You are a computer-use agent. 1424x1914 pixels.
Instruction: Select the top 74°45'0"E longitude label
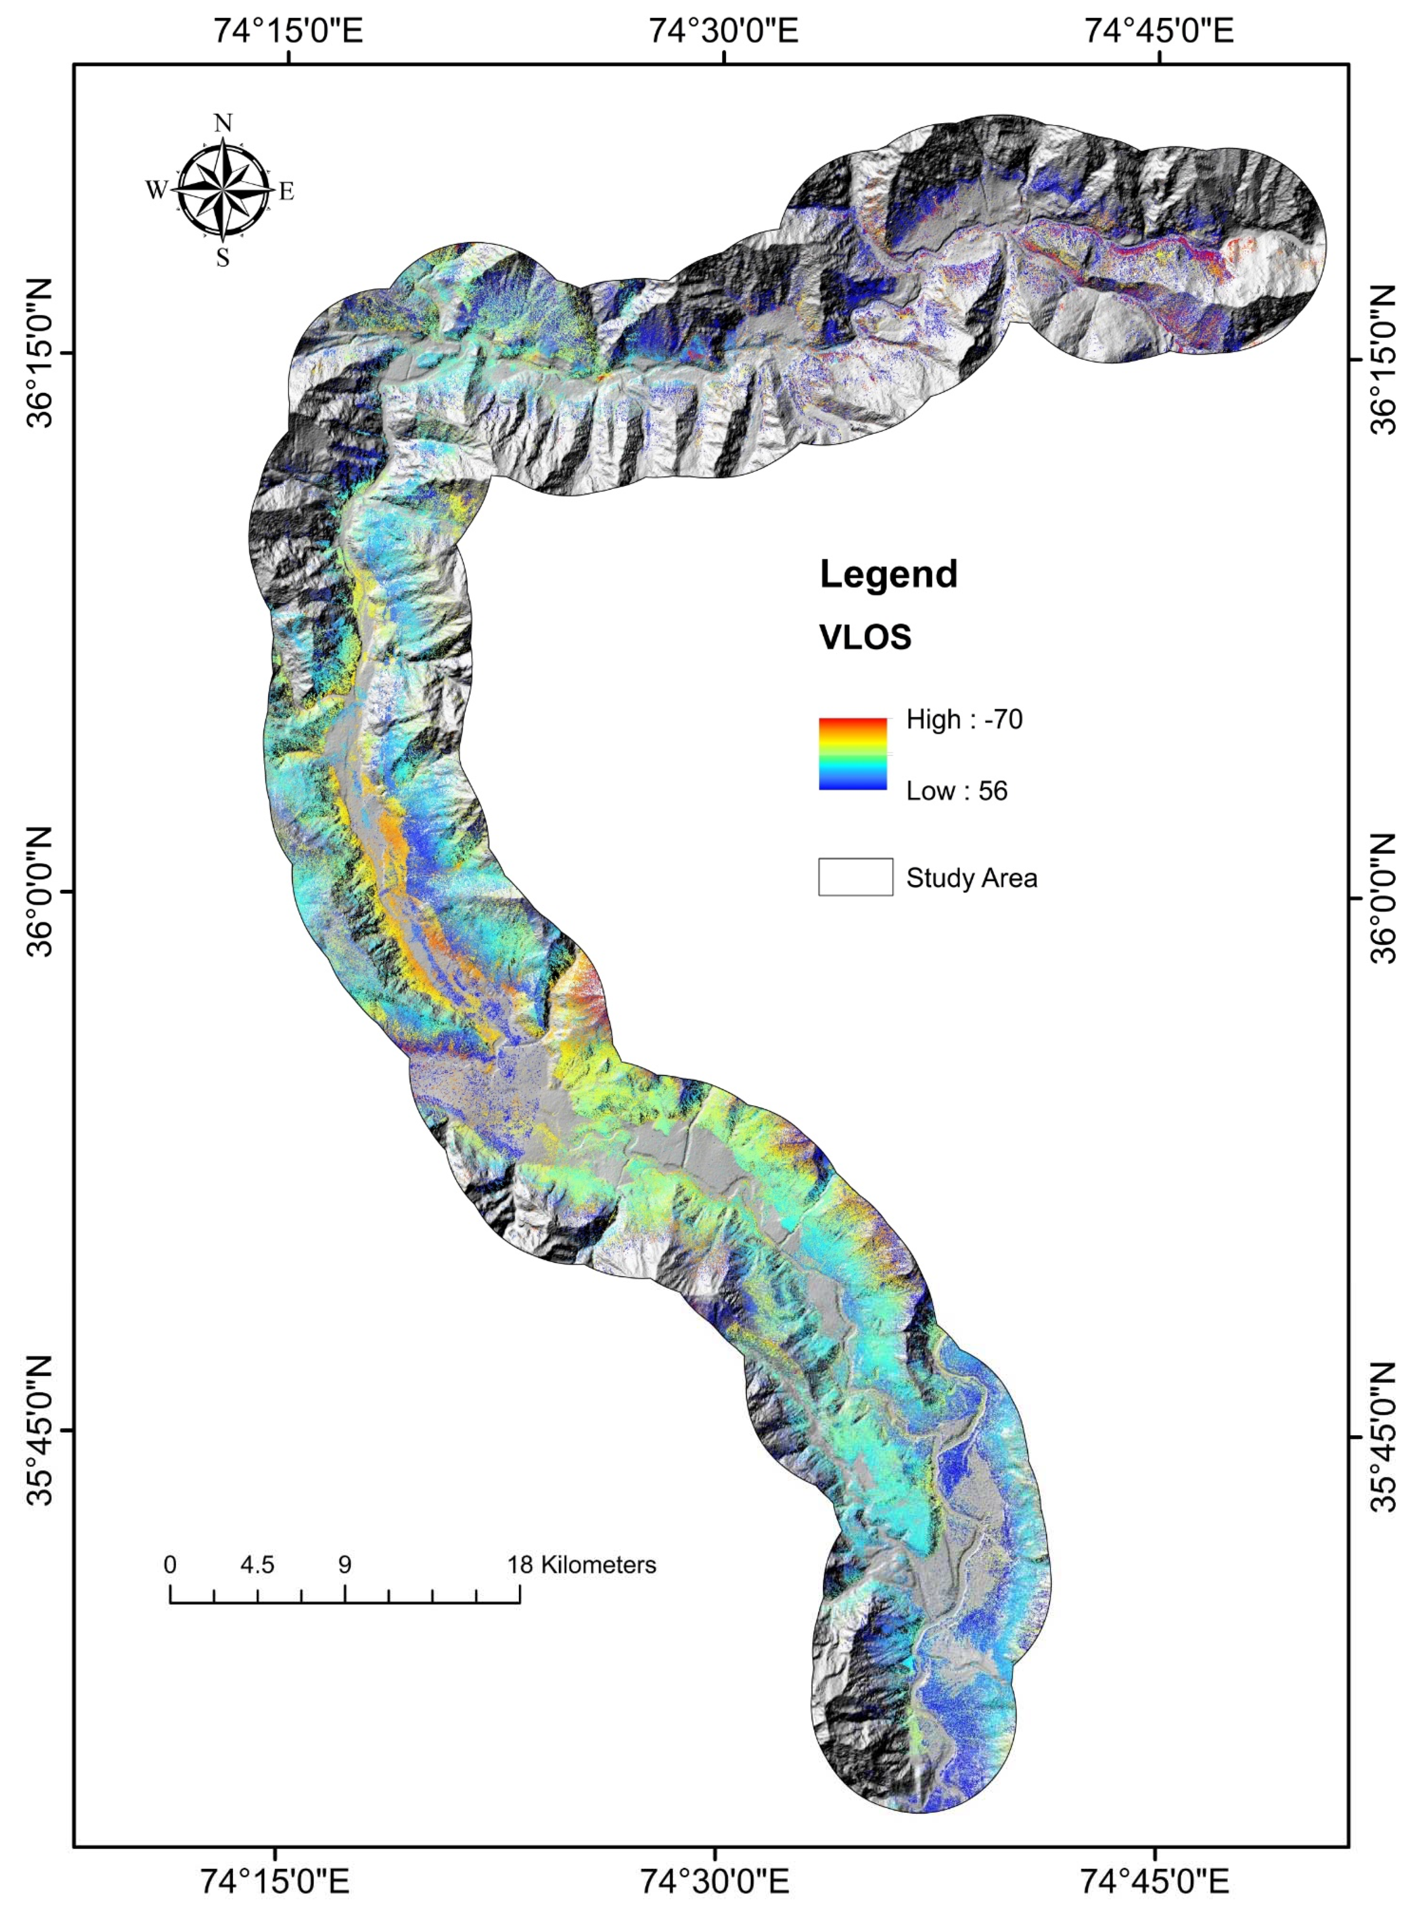click(x=1158, y=32)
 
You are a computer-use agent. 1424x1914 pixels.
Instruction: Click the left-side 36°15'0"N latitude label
click(x=36, y=354)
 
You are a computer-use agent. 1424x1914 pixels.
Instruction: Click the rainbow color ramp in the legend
click(x=852, y=754)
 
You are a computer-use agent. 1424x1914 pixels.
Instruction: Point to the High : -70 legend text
click(x=964, y=719)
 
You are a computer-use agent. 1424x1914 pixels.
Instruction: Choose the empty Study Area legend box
click(x=855, y=877)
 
